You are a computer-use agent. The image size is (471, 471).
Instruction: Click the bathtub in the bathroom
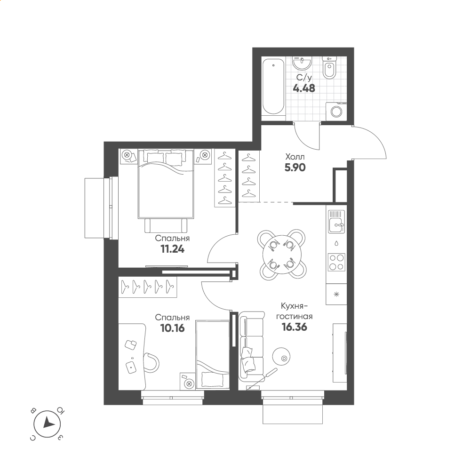coord(273,87)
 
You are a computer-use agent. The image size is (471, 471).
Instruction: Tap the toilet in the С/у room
coord(329,68)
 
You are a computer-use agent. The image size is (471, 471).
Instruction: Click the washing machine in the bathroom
coord(336,111)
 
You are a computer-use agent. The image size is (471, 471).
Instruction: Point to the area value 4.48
coord(304,88)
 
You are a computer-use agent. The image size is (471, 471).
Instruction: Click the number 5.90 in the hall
coord(295,168)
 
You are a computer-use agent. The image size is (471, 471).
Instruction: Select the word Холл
coord(295,157)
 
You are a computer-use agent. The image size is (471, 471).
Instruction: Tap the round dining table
coord(282,255)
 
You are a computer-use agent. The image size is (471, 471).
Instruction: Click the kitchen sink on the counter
coord(336,221)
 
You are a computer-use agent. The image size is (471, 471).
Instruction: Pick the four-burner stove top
coord(336,262)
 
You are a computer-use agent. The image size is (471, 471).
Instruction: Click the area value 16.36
coord(295,327)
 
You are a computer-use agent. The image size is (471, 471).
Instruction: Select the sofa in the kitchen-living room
coord(252,346)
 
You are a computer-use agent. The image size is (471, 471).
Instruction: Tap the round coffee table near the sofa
coord(281,356)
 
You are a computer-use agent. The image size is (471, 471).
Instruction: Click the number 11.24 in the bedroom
coord(172,249)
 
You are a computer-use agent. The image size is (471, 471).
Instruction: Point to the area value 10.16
coord(172,328)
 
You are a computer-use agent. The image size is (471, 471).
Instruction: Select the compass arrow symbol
coord(47,424)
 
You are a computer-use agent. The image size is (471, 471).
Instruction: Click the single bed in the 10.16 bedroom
coord(213,355)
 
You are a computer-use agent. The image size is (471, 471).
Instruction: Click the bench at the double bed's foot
coord(166,225)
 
